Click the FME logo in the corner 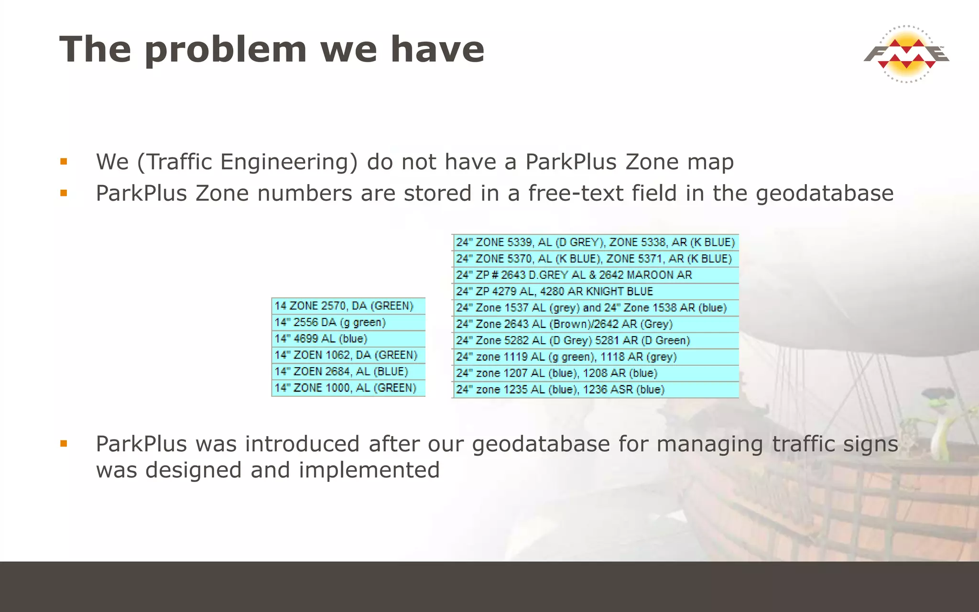pos(906,54)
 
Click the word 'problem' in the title pos(225,50)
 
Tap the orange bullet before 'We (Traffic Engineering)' pos(64,162)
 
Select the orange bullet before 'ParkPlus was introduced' pos(64,444)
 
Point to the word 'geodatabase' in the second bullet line pos(825,194)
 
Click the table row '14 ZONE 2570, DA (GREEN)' pos(348,306)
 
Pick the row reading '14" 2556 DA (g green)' pos(348,322)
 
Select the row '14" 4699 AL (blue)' pos(348,339)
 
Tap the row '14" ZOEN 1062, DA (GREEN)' pos(348,355)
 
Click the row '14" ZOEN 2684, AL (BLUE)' pos(348,372)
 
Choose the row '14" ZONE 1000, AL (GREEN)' pos(348,388)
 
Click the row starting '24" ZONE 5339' pos(595,242)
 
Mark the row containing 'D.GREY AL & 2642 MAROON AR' pos(595,275)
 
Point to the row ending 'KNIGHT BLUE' pos(595,291)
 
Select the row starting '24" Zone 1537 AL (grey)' pos(595,308)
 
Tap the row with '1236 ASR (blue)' pos(595,390)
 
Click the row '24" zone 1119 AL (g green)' pos(595,357)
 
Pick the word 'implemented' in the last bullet pos(369,470)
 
